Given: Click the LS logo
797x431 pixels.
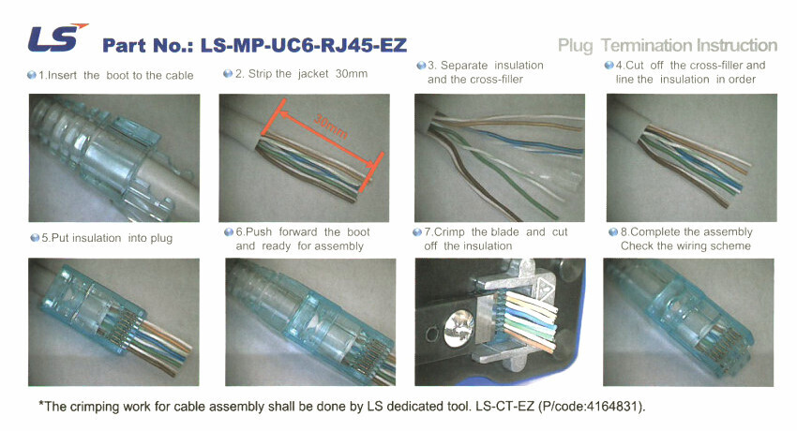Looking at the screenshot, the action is pos(57,37).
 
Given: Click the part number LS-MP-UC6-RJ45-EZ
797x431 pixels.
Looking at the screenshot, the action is pos(304,45).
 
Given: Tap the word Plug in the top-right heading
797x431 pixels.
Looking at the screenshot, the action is pos(576,46).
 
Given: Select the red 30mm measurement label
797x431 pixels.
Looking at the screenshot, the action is pos(331,126).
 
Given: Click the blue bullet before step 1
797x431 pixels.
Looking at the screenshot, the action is pos(32,75).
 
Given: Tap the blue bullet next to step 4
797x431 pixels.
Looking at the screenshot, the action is pos(609,65).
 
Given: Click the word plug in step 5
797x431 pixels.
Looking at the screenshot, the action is pos(160,238).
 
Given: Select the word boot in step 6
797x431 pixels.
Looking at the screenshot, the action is pos(358,232).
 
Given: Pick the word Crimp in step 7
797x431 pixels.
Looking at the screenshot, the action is pos(449,232).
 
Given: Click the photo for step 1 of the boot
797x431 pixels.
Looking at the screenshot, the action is pos(113,158).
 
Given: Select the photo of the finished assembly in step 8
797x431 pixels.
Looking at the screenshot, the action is pos(688,322).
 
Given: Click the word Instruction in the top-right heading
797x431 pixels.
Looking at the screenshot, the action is pos(736,45).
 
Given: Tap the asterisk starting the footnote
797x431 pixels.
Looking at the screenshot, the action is pos(41,405).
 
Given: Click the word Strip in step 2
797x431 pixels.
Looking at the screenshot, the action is pos(259,74).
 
